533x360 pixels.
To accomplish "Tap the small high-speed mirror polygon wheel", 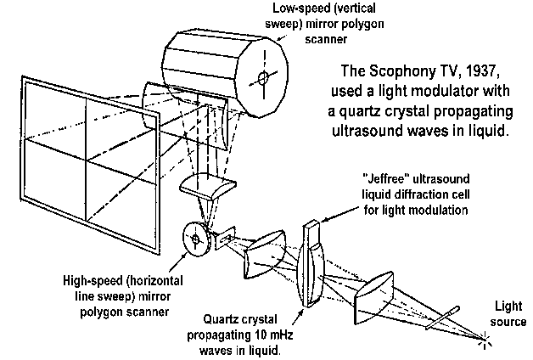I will point(198,240).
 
